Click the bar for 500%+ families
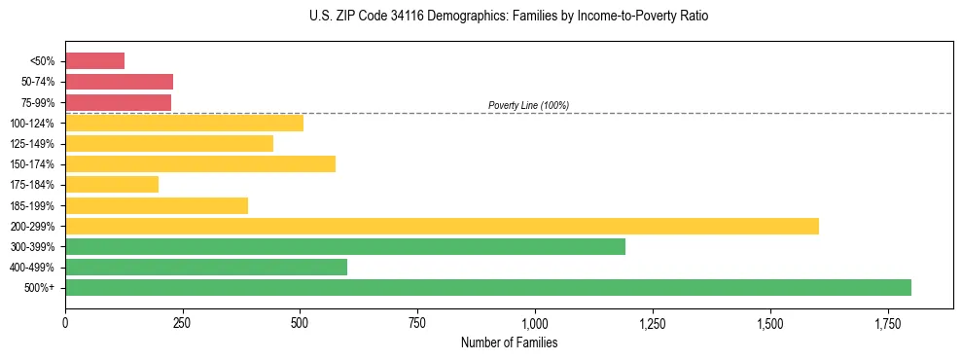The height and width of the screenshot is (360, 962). click(487, 288)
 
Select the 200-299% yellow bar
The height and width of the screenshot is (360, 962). click(442, 226)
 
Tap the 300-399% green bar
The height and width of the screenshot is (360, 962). click(345, 246)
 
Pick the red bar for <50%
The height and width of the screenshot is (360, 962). click(94, 61)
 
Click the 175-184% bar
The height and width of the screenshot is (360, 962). click(112, 185)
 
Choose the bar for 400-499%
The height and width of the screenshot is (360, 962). click(206, 268)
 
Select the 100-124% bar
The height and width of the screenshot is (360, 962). click(184, 124)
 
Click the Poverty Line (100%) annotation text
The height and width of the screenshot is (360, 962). click(528, 105)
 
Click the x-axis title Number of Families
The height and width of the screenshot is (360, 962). click(509, 342)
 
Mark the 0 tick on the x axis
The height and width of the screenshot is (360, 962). click(65, 323)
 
